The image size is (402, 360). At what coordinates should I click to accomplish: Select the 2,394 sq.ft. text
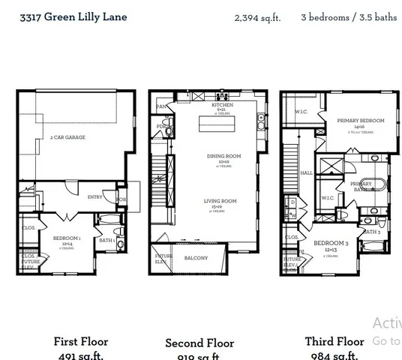click(257, 17)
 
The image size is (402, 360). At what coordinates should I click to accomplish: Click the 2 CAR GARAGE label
click(67, 137)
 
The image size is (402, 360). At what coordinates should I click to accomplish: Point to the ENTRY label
click(94, 197)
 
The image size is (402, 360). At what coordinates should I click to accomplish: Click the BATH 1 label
click(106, 240)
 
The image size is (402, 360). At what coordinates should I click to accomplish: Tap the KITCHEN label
click(222, 105)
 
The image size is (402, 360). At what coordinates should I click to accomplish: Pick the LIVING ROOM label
click(221, 201)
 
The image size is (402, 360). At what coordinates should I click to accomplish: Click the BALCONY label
click(196, 258)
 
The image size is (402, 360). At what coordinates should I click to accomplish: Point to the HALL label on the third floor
click(307, 172)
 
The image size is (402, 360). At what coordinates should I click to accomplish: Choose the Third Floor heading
click(334, 341)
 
